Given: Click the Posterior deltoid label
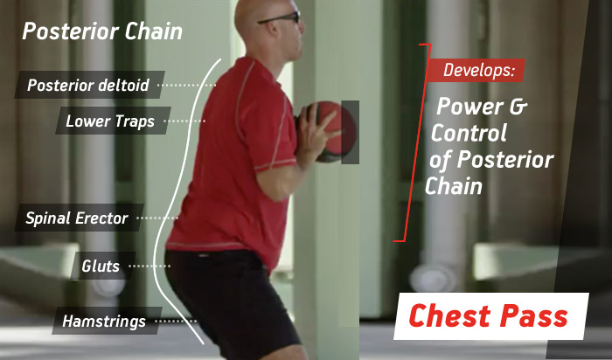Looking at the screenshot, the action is (89, 85).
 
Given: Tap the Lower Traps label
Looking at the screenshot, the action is (113, 121).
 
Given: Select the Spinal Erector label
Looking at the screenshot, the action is (79, 218).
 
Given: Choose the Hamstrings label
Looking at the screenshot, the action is (107, 321).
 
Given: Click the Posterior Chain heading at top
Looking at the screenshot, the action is (102, 31).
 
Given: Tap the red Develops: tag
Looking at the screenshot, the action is (476, 70).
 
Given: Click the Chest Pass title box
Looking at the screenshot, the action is (490, 316).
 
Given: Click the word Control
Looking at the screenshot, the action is (469, 133).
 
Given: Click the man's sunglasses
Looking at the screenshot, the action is (281, 17).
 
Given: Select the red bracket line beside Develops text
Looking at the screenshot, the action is (416, 142).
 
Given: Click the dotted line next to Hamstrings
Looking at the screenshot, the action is (176, 321).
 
